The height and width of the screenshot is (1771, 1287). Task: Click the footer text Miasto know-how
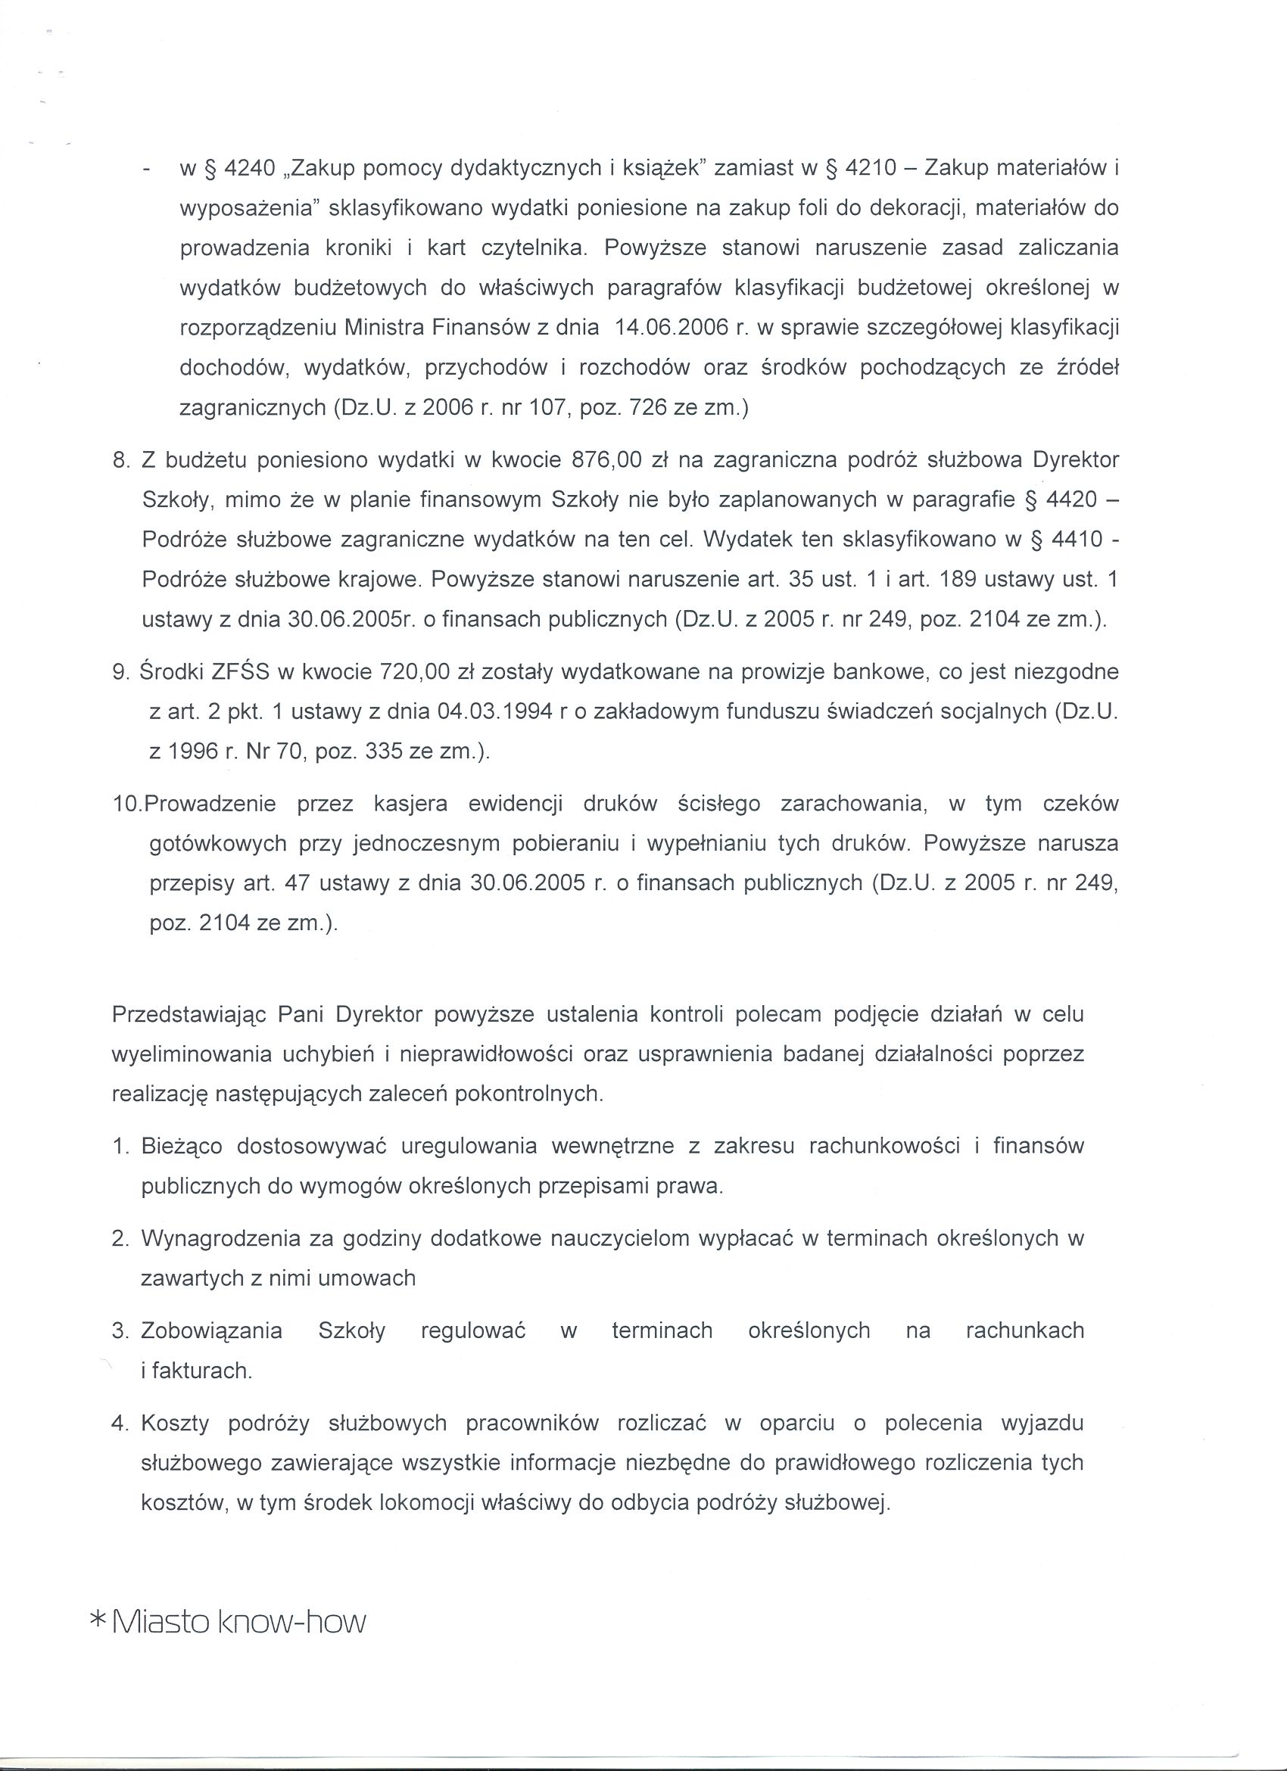pos(239,1623)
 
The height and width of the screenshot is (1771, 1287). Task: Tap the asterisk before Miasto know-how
pos(99,1621)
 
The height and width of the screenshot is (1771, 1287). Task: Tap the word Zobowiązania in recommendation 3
pos(212,1330)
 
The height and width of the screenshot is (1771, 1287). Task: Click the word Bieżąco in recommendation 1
pos(181,1146)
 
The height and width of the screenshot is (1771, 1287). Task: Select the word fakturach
pos(201,1371)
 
